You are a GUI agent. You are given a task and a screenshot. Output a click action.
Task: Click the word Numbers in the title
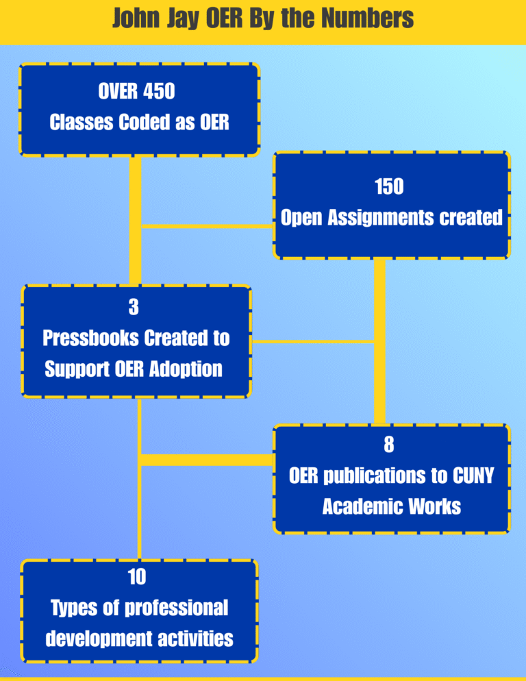coord(374,18)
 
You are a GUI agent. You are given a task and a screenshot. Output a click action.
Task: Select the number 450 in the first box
coord(159,91)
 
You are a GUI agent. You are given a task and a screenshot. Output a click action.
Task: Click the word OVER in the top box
coord(118,91)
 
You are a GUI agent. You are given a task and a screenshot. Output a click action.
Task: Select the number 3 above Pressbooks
coord(134,308)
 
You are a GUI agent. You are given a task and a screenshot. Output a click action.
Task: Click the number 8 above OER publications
coord(389,445)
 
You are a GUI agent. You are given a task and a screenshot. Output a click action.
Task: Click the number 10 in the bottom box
coord(137,578)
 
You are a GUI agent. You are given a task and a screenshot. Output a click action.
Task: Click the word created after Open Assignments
coord(471,218)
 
